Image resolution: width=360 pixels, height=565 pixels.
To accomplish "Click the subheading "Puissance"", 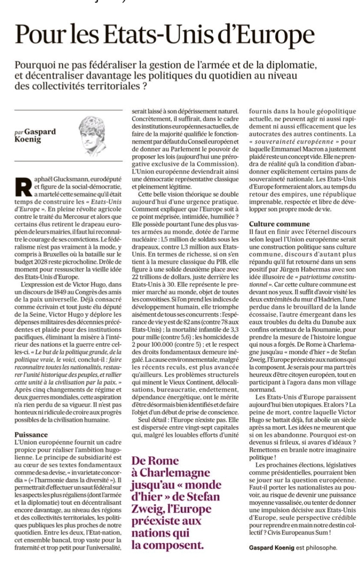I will [31, 434].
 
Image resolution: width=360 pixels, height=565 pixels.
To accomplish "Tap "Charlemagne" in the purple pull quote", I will [169, 473].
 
